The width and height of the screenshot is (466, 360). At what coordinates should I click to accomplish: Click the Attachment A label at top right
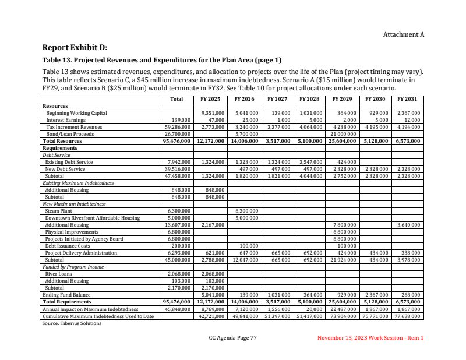point(403,34)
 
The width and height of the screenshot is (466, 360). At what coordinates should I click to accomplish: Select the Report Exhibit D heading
point(75,47)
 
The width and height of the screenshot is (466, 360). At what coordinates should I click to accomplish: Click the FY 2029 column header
point(342,99)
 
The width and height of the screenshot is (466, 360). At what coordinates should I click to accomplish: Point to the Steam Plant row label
point(59,211)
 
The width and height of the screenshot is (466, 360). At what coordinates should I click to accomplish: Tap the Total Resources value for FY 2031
point(408,141)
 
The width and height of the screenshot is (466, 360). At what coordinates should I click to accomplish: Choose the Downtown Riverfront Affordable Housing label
point(93,218)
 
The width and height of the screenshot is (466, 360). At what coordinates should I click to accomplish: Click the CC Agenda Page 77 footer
point(233,338)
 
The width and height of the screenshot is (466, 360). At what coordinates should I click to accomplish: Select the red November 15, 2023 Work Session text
point(370,338)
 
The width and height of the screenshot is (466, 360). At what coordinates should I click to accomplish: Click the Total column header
point(176,99)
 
